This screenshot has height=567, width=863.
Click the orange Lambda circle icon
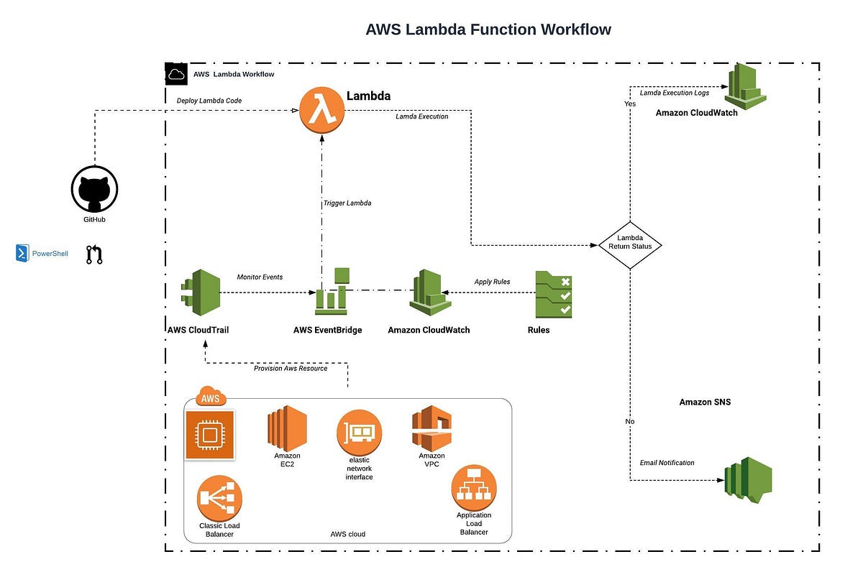point(322,111)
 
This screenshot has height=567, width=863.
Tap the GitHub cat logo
point(94,190)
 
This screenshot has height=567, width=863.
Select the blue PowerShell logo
point(22,253)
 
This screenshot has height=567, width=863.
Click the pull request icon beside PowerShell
point(94,254)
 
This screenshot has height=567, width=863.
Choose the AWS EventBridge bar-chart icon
point(332,292)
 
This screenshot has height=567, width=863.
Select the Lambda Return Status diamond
point(630,246)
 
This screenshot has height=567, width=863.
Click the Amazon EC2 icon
point(287,428)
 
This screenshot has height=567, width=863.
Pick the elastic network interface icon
point(359,432)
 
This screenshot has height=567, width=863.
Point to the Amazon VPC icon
point(431,428)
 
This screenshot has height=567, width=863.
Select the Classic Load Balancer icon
point(219,498)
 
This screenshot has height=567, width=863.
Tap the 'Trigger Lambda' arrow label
point(347,203)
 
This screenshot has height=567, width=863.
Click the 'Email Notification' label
point(667,463)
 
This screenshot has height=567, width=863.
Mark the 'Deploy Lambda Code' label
point(209,101)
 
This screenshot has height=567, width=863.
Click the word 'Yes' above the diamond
point(629,104)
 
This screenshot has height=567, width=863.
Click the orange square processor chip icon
point(210,435)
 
